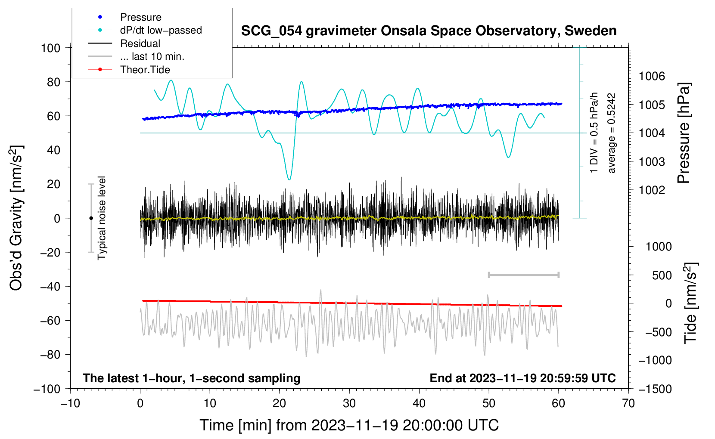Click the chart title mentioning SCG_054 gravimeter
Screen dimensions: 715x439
pos(429,31)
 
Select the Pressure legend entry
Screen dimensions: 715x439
pos(125,17)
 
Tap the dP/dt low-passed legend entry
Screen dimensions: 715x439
pos(145,30)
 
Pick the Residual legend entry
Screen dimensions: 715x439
pos(124,43)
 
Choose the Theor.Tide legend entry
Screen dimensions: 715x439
pos(129,70)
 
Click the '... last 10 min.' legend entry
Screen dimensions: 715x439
pos(136,56)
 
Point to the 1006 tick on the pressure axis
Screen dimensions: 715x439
pos(652,76)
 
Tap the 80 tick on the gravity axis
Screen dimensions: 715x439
pos(53,82)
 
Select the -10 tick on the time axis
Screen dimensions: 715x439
pos(70,403)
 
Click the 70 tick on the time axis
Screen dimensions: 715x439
pos(628,403)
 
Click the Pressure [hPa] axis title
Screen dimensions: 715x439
pos(684,133)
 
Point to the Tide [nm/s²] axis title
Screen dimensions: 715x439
pos(691,303)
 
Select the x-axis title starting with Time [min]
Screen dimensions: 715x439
pos(349,425)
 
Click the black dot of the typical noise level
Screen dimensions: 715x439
pos(91,218)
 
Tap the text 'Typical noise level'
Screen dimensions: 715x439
pos(102,218)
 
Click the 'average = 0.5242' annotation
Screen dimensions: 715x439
pos(611,133)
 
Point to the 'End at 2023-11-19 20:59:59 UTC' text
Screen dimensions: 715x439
pos(522,378)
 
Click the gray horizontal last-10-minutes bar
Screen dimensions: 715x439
pos(523,275)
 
